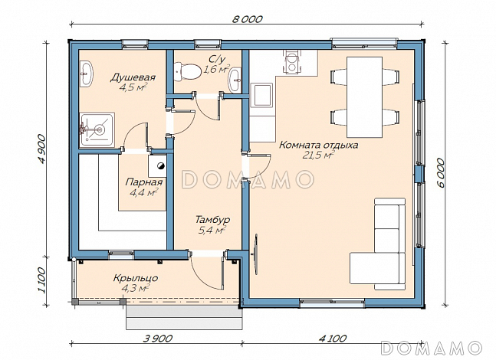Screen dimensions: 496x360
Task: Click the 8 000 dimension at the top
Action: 248,19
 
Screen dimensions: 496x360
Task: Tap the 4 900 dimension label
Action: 41,149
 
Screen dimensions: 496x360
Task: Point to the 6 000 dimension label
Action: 441,173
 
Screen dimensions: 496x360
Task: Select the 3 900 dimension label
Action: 158,339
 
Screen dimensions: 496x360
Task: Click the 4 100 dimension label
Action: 333,339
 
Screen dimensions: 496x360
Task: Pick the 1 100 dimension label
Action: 41,280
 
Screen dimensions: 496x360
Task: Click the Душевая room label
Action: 133,77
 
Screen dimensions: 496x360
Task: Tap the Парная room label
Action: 144,182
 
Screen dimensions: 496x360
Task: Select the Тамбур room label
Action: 212,219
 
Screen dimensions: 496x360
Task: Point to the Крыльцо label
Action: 136,279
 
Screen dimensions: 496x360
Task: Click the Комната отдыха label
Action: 319,146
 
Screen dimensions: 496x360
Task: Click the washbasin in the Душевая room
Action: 86,74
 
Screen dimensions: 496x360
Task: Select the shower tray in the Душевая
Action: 97,130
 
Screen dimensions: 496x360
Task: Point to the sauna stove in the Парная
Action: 158,165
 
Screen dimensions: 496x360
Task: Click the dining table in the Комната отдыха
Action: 365,97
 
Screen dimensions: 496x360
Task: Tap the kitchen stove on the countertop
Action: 291,62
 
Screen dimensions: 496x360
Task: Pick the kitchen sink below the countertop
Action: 261,95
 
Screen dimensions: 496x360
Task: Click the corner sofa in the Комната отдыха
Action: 378,244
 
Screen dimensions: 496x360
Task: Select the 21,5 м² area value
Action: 319,155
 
